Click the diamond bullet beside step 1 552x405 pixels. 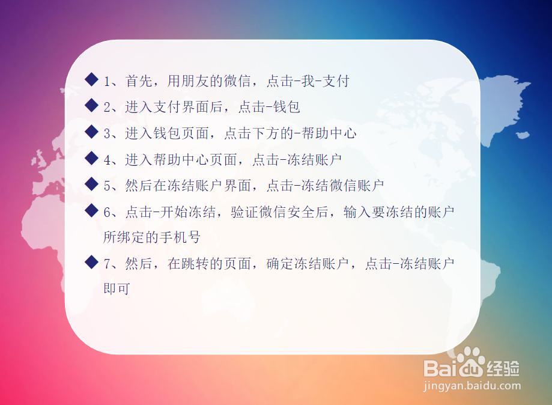click(91, 79)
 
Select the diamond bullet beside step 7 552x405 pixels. click(91, 262)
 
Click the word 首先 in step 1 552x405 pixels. click(139, 81)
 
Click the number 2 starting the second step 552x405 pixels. click(107, 108)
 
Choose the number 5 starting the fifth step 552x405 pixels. click(107, 186)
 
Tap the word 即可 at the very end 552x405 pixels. click(117, 288)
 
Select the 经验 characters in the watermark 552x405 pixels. click(503, 365)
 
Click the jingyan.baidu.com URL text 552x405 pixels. click(472, 386)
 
